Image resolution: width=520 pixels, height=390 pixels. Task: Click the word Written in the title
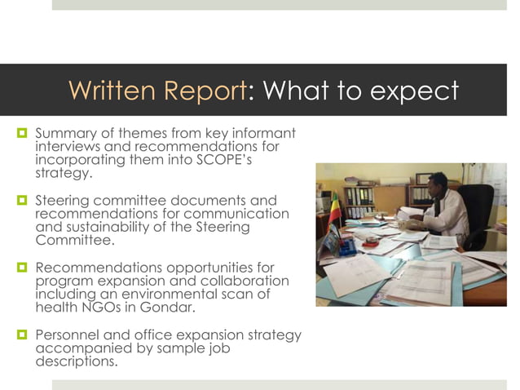pos(114,91)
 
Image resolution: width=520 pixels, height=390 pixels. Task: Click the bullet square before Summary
pos(23,133)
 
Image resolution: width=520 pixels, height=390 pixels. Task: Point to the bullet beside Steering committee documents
pos(23,200)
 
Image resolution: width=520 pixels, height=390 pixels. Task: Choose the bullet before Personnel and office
pos(23,335)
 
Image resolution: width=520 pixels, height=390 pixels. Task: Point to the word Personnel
pos(71,335)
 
